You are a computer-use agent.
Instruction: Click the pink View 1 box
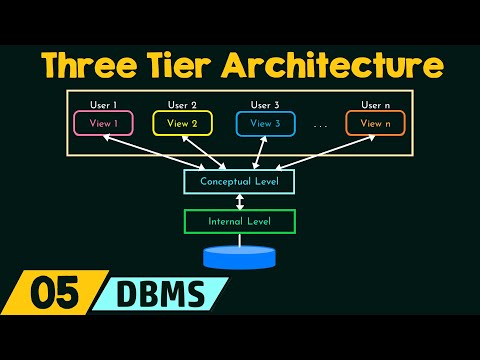[x=103, y=123]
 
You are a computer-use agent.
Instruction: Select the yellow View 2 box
[x=183, y=123]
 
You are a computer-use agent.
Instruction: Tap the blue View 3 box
[x=265, y=123]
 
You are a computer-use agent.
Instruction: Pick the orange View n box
[x=376, y=123]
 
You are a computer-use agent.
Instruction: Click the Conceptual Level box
[x=239, y=182]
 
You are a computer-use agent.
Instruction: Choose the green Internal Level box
[x=239, y=220]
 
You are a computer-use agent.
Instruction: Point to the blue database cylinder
[x=239, y=257]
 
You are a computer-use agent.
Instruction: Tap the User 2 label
[x=183, y=104]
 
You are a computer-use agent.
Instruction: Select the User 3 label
[x=265, y=104]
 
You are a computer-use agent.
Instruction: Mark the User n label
[x=376, y=104]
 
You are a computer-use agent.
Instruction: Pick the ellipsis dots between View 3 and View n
[x=320, y=126]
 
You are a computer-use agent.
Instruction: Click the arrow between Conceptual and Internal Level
[x=239, y=201]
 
